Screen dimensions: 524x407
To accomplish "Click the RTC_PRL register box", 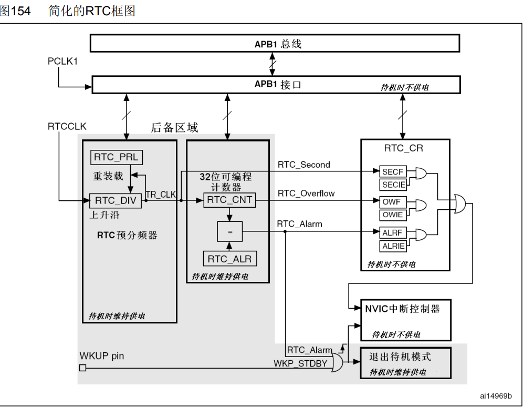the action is [x=116, y=157].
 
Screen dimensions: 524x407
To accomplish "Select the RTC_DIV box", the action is [x=116, y=200].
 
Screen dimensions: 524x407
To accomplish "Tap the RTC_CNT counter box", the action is [x=229, y=200].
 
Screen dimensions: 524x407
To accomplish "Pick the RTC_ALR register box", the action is [x=230, y=259].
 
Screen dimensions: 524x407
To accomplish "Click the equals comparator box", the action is [x=229, y=231].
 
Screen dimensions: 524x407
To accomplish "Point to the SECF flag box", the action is [x=393, y=172].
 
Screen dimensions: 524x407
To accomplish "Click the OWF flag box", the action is [x=393, y=202].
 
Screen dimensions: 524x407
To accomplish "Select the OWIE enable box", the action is [x=393, y=215].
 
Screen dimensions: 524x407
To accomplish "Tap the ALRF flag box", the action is [x=393, y=232].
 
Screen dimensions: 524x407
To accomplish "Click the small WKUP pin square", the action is [x=82, y=368].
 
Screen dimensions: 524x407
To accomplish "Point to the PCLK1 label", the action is [x=62, y=62].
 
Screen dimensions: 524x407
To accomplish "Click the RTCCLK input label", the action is [x=67, y=127].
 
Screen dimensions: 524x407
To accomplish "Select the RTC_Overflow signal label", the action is [x=306, y=194].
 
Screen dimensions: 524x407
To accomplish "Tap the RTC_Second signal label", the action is [x=304, y=165].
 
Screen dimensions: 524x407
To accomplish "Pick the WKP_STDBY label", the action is [x=300, y=363].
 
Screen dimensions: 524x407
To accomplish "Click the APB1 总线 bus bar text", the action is [x=278, y=44].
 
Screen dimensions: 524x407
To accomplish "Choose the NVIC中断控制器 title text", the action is [x=402, y=309].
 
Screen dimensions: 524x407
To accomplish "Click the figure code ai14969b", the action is [x=496, y=396].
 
